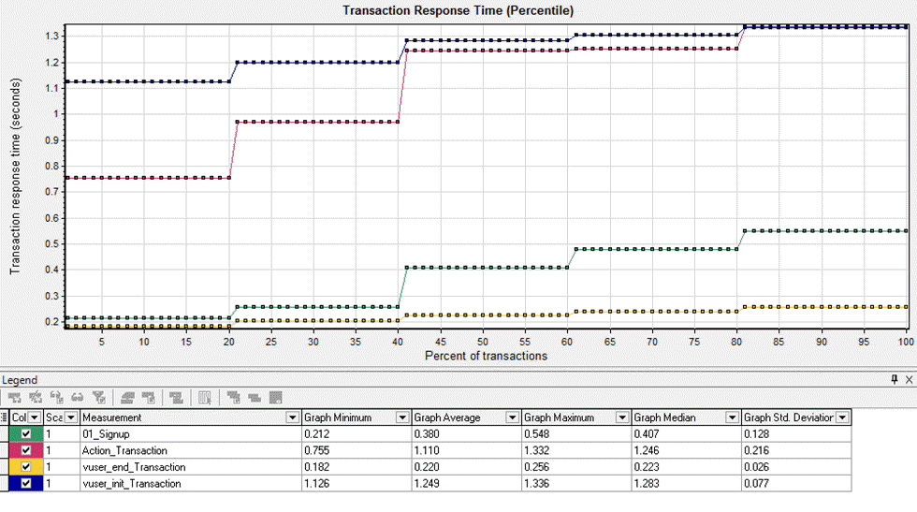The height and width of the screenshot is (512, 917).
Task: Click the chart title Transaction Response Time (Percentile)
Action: [458, 10]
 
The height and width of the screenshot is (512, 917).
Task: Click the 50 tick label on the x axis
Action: [483, 343]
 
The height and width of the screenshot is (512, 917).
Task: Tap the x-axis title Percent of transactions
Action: [486, 357]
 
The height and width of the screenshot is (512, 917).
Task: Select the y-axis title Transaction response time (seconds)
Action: [15, 175]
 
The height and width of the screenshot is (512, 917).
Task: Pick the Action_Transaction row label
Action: [125, 450]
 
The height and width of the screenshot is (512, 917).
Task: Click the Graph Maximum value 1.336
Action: [539, 484]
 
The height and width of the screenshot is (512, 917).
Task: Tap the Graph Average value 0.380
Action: [429, 433]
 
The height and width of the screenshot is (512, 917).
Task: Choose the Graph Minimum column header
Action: [339, 417]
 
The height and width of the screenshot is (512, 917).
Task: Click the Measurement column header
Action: [112, 417]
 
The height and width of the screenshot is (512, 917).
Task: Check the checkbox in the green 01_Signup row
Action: [26, 433]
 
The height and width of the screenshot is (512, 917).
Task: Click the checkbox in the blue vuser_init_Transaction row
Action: [26, 484]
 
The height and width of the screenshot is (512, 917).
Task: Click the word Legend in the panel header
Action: [20, 380]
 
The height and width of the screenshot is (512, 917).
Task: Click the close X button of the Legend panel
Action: [908, 380]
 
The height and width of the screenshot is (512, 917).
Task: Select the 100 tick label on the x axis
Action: [904, 343]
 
